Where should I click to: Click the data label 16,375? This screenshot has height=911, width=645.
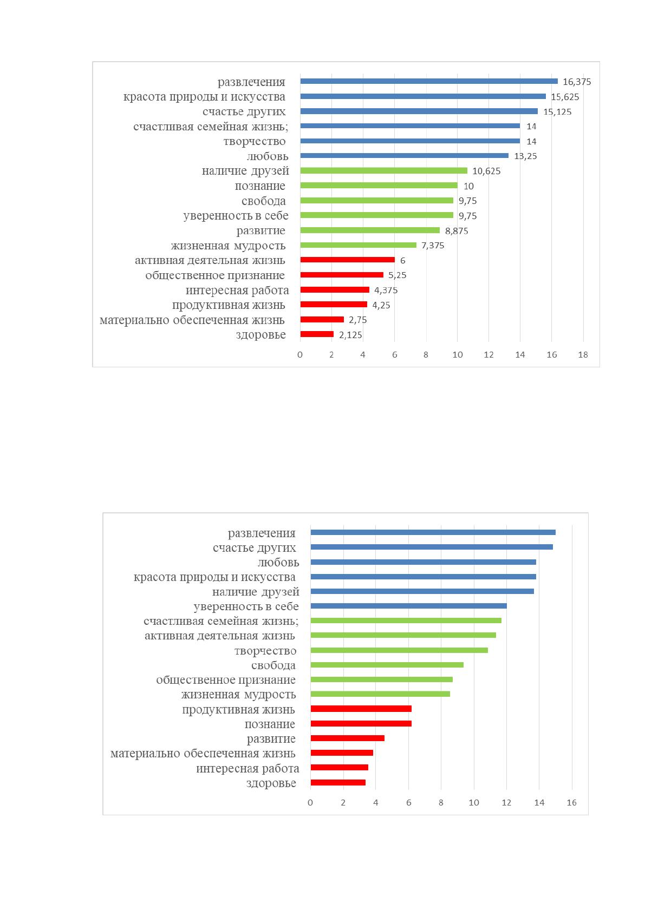tap(577, 82)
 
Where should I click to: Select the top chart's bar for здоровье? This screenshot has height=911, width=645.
tap(317, 334)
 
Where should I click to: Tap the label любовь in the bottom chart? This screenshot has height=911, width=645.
tap(278, 563)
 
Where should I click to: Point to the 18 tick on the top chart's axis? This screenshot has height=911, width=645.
tap(583, 355)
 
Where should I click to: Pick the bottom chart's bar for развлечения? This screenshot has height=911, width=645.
tap(433, 532)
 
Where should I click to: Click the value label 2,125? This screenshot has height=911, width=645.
tap(350, 335)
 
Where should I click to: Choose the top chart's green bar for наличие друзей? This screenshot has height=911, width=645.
tap(384, 171)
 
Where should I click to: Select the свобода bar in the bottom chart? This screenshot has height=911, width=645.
tap(387, 665)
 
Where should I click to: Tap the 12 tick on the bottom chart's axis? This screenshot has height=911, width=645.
tap(506, 802)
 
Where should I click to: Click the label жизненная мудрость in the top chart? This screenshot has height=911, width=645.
tap(228, 246)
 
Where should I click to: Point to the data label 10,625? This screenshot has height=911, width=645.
tap(486, 171)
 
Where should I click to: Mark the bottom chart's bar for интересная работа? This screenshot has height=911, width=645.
tap(339, 768)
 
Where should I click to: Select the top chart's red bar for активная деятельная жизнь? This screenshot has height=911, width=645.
tap(347, 260)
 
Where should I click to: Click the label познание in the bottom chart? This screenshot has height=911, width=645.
tap(270, 724)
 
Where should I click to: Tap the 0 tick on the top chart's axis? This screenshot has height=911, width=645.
tap(300, 355)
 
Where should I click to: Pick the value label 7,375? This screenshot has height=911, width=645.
tap(433, 246)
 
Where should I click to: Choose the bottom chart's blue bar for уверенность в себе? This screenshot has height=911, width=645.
tap(409, 606)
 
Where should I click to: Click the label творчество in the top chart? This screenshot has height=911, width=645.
tap(255, 142)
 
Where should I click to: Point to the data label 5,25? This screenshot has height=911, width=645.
tap(397, 275)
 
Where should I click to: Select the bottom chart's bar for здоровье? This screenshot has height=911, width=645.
tap(338, 782)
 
